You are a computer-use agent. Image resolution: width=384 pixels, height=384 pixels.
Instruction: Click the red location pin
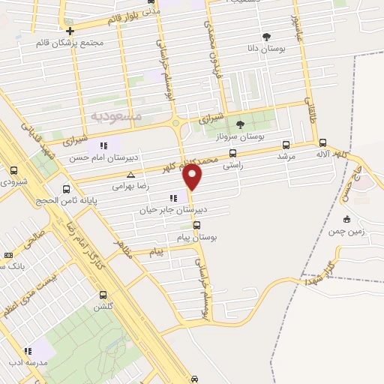(193, 177)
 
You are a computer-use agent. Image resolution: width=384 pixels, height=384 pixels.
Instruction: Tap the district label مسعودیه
(116, 116)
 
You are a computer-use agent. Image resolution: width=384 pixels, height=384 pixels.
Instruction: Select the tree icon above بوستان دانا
(266, 36)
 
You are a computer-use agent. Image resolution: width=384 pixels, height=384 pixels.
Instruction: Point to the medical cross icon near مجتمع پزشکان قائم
(70, 31)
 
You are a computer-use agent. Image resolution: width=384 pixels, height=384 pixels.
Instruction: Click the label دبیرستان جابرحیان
(168, 211)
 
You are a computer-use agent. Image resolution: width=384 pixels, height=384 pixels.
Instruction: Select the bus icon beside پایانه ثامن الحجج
(66, 189)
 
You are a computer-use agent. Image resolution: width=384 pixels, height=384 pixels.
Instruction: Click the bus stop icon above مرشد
(286, 145)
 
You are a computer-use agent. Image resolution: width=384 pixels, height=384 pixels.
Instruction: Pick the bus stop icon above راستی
(232, 153)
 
